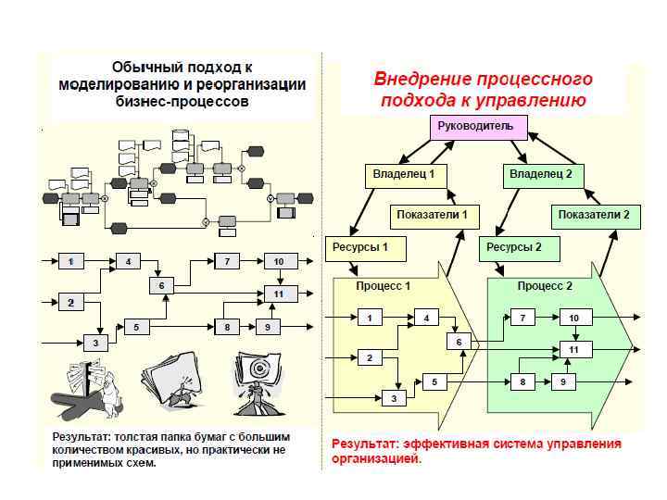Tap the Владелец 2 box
(x=541, y=174)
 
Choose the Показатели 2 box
(x=594, y=216)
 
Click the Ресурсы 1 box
(x=359, y=247)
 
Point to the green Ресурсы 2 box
(x=513, y=247)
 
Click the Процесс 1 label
(x=383, y=286)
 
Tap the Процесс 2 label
(x=545, y=286)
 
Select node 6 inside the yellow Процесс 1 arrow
(x=459, y=342)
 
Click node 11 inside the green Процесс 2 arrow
(x=573, y=350)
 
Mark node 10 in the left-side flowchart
(x=279, y=262)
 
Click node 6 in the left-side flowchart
(x=161, y=286)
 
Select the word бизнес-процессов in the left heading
(x=182, y=103)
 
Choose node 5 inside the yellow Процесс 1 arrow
(x=434, y=381)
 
